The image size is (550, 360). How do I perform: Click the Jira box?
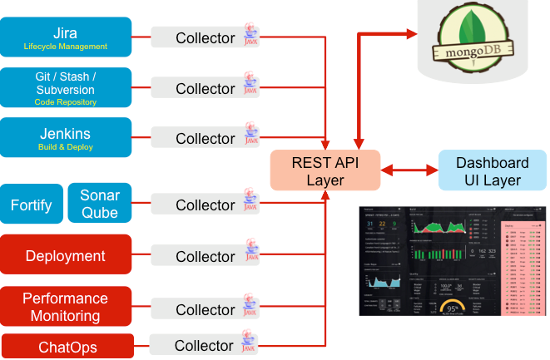(x=66, y=37)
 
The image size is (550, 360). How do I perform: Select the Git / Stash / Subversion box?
(x=66, y=88)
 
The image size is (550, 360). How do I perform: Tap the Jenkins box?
(x=66, y=138)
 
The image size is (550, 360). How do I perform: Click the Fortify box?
(x=32, y=205)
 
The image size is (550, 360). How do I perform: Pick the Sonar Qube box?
(x=100, y=205)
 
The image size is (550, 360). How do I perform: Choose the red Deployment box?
(x=66, y=256)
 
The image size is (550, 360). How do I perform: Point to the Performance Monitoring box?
(x=66, y=307)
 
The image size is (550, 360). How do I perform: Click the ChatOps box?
(x=66, y=346)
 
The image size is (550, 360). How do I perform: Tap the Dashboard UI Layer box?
(x=492, y=171)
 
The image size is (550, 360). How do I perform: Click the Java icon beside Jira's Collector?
(x=250, y=37)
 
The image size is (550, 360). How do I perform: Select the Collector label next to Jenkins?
(x=205, y=139)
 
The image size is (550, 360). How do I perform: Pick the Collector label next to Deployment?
(x=205, y=257)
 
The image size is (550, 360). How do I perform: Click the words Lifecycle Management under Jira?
(x=66, y=47)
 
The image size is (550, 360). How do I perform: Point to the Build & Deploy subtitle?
(x=66, y=147)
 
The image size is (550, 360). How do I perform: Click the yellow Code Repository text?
(x=66, y=102)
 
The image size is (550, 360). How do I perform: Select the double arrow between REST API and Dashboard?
(x=409, y=171)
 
